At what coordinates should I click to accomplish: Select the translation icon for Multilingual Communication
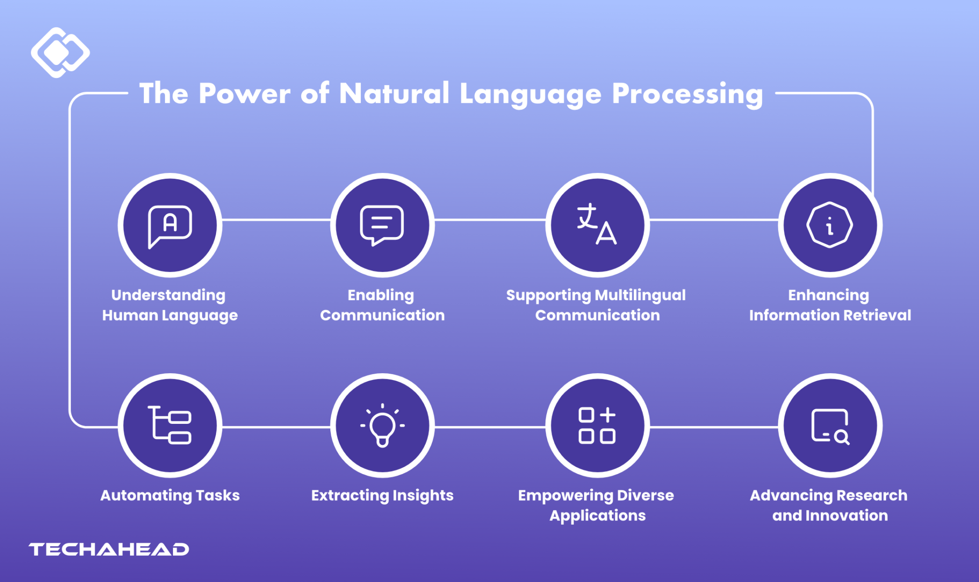(597, 225)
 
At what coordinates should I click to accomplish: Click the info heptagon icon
(830, 225)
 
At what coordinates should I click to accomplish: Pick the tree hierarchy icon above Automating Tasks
(170, 425)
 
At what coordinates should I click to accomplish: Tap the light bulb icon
(382, 425)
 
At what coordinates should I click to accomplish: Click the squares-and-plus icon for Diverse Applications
(597, 425)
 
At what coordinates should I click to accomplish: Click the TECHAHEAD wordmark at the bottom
(109, 550)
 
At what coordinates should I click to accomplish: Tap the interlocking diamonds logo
(60, 53)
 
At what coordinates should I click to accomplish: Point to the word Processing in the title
(687, 94)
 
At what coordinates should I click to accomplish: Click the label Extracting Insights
(382, 496)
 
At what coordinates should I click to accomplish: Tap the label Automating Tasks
(170, 496)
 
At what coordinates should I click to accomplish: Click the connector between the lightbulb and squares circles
(490, 427)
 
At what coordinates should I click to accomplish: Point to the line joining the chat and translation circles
(490, 220)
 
